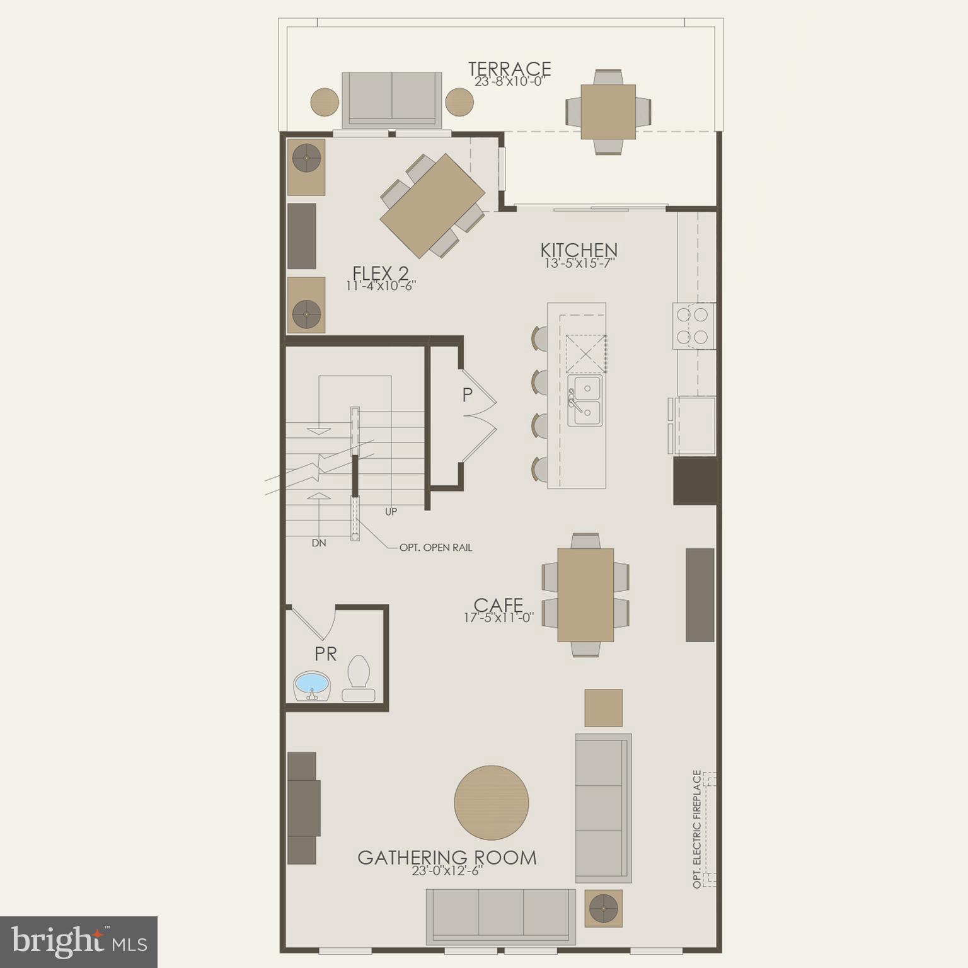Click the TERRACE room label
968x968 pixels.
[509, 69]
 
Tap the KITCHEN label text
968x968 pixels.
[579, 250]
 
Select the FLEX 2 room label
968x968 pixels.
[381, 274]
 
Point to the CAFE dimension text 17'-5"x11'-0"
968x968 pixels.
[498, 618]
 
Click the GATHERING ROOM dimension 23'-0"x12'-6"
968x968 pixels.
[447, 871]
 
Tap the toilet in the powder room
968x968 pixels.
[359, 679]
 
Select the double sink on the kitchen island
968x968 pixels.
[585, 401]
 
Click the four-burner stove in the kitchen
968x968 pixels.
[693, 325]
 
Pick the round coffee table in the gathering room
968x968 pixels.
[492, 802]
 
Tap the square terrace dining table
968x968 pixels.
[608, 112]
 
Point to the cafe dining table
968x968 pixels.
[585, 594]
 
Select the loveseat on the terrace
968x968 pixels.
[391, 100]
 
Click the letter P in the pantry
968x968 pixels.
[467, 395]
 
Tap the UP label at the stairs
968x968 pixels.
[391, 512]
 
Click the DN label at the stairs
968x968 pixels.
[319, 543]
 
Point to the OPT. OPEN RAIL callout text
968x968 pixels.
[435, 548]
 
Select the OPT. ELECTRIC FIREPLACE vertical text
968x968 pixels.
[696, 829]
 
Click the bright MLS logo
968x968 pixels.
[79, 942]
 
